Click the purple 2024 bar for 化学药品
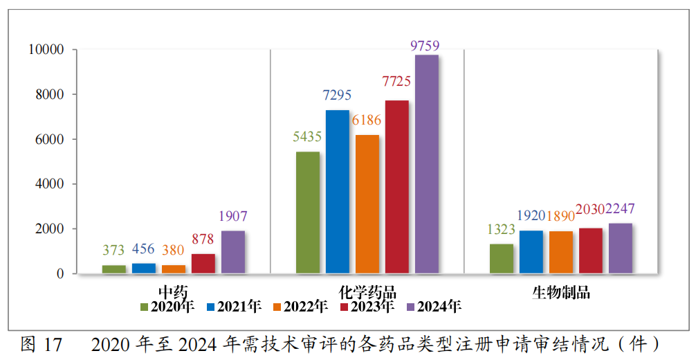(x=426, y=164)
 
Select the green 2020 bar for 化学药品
(x=308, y=213)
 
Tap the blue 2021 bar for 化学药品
(x=338, y=192)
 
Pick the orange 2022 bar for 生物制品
(x=561, y=252)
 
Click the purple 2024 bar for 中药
(x=233, y=252)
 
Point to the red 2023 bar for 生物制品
(x=591, y=251)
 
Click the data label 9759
(x=425, y=46)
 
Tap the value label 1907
(x=233, y=216)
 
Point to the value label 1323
(x=502, y=229)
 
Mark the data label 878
(x=203, y=240)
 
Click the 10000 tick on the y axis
(x=46, y=50)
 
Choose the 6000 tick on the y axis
(x=51, y=139)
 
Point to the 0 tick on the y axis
(x=61, y=274)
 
